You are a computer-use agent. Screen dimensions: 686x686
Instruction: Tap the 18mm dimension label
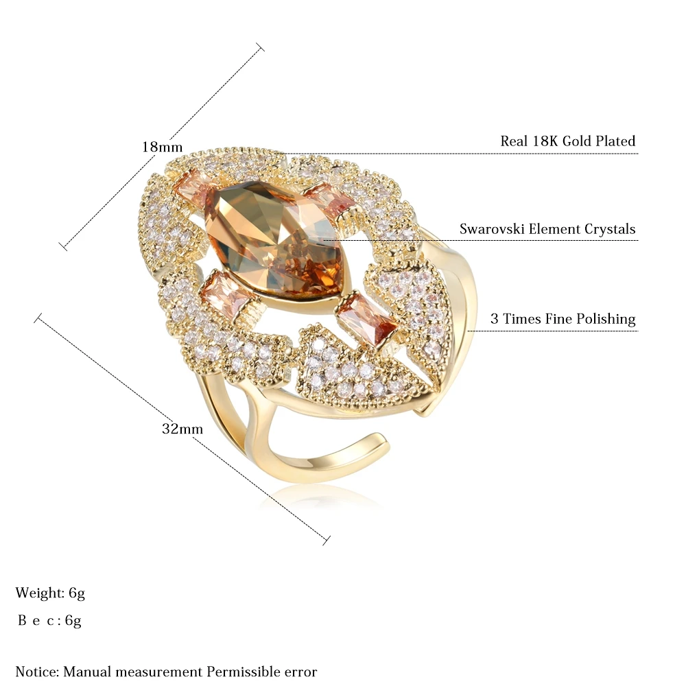[x=162, y=147]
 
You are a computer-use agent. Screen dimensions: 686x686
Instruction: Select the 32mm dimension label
[x=182, y=429]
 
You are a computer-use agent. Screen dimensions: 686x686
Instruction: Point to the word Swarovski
[x=492, y=229]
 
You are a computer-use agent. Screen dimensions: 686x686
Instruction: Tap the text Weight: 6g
[x=50, y=593]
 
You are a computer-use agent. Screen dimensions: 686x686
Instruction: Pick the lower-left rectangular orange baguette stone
[x=221, y=292]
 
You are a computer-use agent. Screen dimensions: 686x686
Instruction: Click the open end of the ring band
[x=381, y=441]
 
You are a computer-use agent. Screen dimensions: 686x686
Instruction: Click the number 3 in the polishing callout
[x=494, y=318]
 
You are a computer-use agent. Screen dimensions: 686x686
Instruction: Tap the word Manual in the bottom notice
[x=88, y=671]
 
